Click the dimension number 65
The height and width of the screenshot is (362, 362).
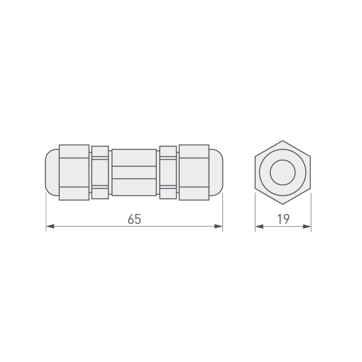pyautogui.click(x=134, y=219)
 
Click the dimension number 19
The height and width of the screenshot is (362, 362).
pyautogui.click(x=283, y=219)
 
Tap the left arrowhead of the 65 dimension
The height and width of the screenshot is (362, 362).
pyautogui.click(x=50, y=226)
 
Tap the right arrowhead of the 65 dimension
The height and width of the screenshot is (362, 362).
pyautogui.click(x=218, y=226)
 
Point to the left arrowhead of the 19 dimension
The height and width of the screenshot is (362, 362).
pyautogui.click(x=259, y=227)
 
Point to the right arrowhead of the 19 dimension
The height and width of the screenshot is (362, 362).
pyautogui.click(x=307, y=227)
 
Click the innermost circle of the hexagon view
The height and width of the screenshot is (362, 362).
pyautogui.click(x=282, y=172)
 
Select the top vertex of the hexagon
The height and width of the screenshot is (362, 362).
pyautogui.click(x=282, y=141)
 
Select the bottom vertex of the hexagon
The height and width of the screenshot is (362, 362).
pyautogui.click(x=282, y=204)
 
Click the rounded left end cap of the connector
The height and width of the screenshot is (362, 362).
pyautogui.click(x=52, y=172)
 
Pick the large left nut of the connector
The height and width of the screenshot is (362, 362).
pyautogui.click(x=74, y=172)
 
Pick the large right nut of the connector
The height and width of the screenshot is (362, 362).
pyautogui.click(x=194, y=172)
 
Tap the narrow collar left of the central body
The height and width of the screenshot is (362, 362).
pyautogui.click(x=100, y=172)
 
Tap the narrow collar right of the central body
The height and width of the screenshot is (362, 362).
pyautogui.click(x=168, y=172)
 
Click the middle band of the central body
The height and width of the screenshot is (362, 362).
pyautogui.click(x=134, y=172)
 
